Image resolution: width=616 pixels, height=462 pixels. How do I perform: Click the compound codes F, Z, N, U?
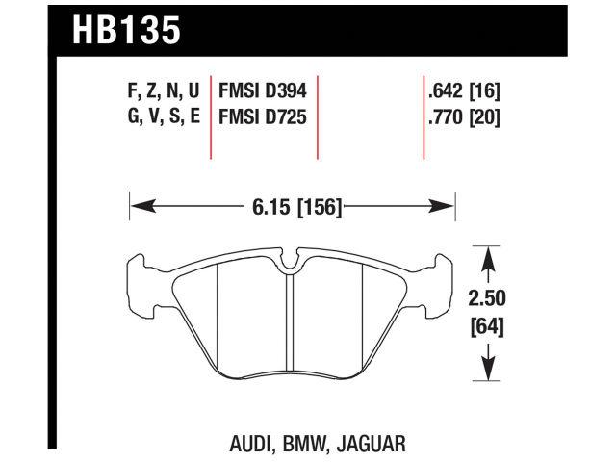[x=153, y=92]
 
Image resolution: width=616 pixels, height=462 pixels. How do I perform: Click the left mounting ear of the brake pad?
[x=142, y=284]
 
